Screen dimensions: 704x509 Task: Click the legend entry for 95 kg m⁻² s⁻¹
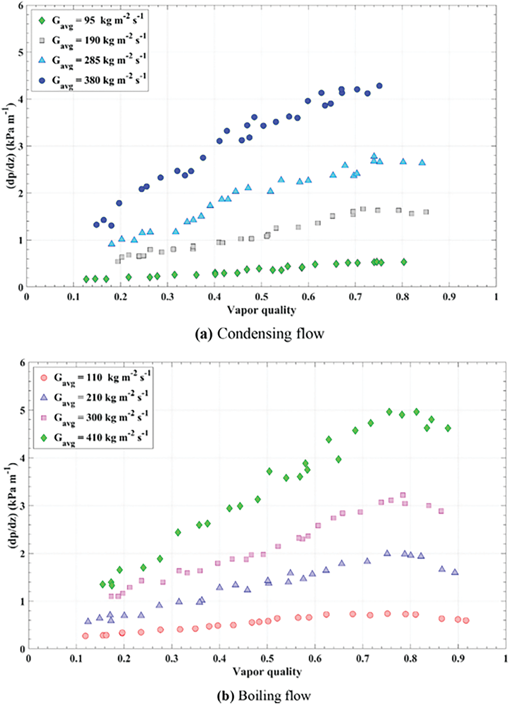point(90,22)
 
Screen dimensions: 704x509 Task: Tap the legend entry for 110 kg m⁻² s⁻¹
point(93,378)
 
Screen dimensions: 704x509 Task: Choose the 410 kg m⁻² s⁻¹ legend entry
point(93,438)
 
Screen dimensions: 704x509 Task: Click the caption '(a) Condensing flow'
point(260,334)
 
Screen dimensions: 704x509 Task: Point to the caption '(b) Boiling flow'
point(264,696)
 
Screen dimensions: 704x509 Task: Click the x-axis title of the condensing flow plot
point(261,310)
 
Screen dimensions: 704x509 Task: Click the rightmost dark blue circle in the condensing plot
point(379,86)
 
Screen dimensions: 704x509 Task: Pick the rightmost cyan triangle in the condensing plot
point(422,162)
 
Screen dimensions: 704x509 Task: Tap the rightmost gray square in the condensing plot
point(426,212)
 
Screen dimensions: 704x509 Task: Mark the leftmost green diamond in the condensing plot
point(86,279)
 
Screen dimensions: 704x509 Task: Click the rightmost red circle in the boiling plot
point(466,621)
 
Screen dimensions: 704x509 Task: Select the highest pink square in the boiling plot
point(403,495)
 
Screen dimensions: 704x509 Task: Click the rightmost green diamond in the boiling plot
point(447,428)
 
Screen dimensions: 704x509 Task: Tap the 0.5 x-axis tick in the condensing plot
point(261,297)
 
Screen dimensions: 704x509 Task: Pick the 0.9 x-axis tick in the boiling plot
point(458,658)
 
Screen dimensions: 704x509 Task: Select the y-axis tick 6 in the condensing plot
point(21,6)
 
